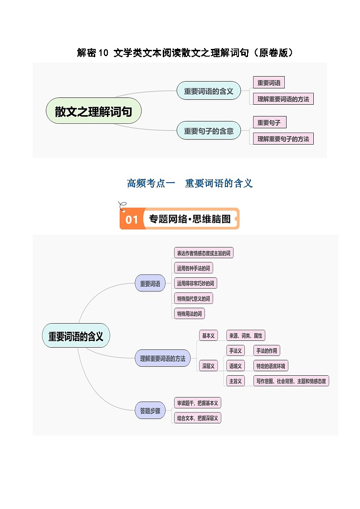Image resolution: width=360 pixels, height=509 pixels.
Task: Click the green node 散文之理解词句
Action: tap(93, 111)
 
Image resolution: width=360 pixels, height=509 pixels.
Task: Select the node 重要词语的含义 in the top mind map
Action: tap(209, 91)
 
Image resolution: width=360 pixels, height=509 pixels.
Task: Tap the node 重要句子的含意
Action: tap(209, 131)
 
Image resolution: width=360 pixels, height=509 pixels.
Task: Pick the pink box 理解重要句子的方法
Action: tap(283, 139)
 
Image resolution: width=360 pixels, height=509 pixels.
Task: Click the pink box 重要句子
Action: tap(269, 122)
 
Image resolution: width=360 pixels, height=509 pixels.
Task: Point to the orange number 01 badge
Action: tap(131, 220)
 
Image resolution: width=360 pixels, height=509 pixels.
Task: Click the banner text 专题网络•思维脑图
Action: tap(190, 219)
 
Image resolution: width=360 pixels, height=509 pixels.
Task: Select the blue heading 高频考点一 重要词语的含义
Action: tap(190, 183)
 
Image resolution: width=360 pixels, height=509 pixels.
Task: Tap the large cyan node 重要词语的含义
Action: tap(76, 336)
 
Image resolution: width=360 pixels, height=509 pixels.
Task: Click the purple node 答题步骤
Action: tap(150, 411)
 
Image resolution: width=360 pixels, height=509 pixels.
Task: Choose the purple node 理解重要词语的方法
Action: tap(162, 358)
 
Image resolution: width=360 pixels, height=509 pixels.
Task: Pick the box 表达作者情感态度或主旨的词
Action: tap(204, 253)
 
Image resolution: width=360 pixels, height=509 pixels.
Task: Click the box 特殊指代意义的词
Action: tap(194, 298)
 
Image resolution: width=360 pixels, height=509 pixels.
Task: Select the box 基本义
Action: tap(208, 335)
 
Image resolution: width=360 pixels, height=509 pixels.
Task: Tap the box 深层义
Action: tap(208, 365)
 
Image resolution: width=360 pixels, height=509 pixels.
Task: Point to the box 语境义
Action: tap(235, 366)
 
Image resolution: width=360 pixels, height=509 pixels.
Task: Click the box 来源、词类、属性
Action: tap(245, 335)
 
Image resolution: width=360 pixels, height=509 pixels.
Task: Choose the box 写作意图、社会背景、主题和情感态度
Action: tap(291, 381)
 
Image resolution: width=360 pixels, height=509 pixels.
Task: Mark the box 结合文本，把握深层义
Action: tap(198, 418)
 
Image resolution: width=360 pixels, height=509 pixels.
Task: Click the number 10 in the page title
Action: tap(104, 53)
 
